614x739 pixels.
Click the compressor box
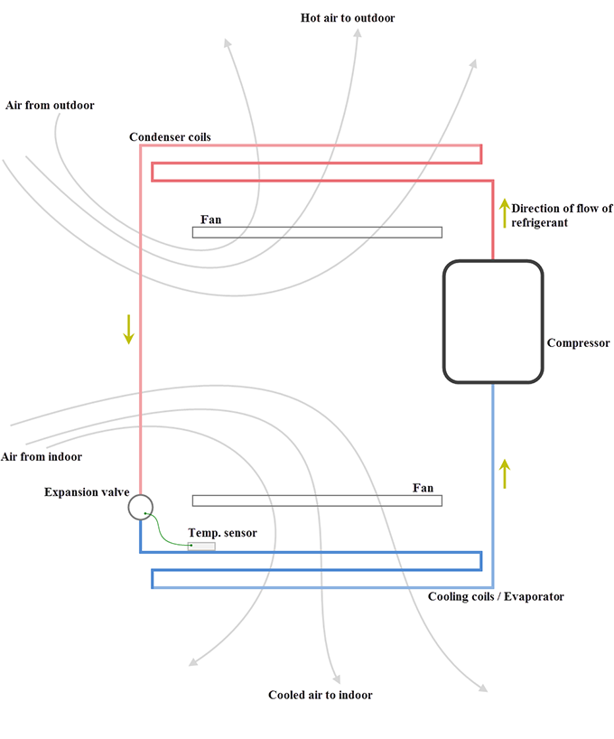(493, 323)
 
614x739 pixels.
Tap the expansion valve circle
(140, 507)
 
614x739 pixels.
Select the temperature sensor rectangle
(201, 546)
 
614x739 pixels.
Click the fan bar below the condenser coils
(317, 232)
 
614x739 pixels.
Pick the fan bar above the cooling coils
(317, 500)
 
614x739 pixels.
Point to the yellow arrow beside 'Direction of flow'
(504, 212)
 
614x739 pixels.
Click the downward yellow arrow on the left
(129, 330)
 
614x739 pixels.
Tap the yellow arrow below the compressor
(505, 473)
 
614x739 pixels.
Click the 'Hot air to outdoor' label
(348, 18)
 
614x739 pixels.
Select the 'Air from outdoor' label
(50, 106)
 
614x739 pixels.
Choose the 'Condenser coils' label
(170, 136)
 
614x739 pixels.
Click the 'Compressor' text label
(579, 343)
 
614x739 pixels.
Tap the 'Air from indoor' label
(42, 456)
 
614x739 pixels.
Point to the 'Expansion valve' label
(83, 491)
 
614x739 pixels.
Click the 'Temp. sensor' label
(222, 533)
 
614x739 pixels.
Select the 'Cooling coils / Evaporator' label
(496, 597)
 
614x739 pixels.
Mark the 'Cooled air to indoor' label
(321, 695)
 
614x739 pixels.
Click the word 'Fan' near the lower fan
(423, 488)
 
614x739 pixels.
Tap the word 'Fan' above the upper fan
(210, 220)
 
